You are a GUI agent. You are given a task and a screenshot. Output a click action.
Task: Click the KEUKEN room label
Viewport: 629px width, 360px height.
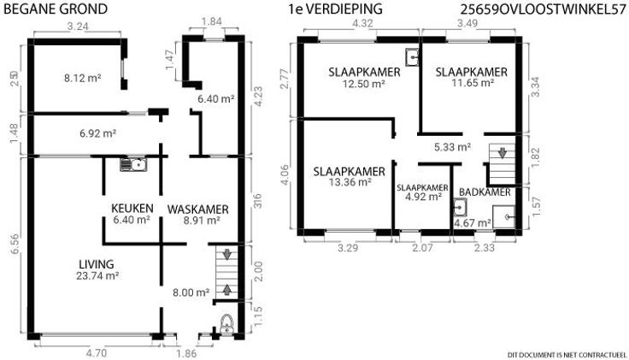click(132, 209)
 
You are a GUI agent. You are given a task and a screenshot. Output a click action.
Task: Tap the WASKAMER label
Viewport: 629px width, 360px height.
click(197, 210)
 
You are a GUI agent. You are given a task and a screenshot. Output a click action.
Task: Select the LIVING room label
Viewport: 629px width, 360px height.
click(97, 264)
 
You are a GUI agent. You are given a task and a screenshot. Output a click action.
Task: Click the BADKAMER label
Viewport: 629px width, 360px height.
click(485, 192)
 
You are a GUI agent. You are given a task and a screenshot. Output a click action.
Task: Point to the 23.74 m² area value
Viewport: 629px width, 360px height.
click(97, 275)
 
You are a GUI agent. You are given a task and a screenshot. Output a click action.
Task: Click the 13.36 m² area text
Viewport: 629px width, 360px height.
click(349, 182)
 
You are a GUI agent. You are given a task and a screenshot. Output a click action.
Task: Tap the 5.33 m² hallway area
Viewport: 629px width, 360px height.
click(452, 147)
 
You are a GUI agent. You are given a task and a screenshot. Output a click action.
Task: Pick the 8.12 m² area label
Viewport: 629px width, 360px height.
click(82, 78)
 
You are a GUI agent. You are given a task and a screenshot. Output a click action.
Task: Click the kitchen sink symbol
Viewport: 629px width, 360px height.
click(133, 164)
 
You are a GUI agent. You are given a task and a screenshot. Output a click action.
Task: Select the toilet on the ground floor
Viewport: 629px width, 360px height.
click(226, 325)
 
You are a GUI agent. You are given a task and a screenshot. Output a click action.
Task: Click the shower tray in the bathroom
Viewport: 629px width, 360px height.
click(503, 216)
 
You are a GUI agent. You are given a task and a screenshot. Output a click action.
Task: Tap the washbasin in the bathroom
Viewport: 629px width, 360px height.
click(460, 208)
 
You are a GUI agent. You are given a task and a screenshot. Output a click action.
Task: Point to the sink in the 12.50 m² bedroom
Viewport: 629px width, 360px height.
click(412, 56)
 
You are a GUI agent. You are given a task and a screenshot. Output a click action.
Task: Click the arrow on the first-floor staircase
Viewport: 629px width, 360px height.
click(502, 153)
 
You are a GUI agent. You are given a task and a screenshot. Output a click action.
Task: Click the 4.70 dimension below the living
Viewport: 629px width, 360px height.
click(97, 353)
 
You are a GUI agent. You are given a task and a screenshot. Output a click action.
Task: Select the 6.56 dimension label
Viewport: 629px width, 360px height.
click(15, 245)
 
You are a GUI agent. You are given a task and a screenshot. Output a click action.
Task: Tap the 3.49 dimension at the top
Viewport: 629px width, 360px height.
click(467, 23)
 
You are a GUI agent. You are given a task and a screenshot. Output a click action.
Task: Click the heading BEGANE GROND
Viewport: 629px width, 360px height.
click(56, 9)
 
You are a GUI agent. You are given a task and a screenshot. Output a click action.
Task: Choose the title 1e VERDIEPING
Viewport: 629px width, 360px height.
click(335, 9)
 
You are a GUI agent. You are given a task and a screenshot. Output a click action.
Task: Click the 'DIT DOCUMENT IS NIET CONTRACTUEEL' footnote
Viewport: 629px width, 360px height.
click(567, 355)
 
